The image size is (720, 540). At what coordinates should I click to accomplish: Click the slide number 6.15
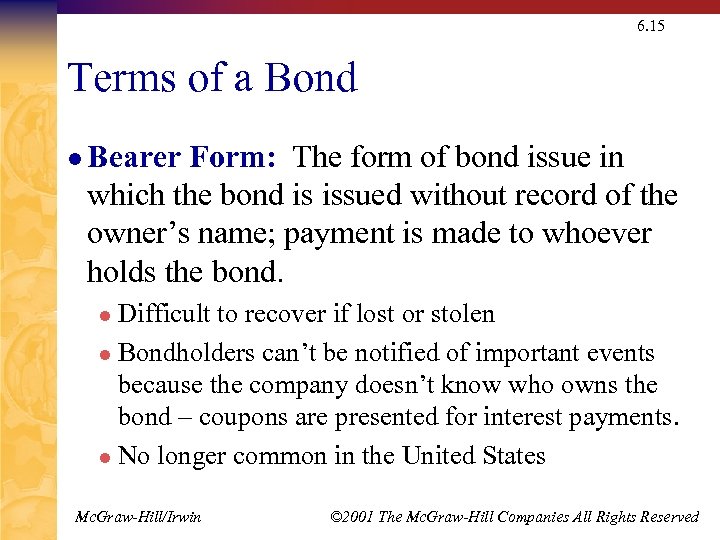click(650, 26)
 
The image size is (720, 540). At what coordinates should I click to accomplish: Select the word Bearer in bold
click(134, 158)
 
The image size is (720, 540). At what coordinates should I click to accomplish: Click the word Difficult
click(164, 314)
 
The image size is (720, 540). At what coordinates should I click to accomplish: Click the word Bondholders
click(187, 353)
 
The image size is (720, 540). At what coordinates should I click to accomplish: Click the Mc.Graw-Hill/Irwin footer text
click(138, 517)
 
